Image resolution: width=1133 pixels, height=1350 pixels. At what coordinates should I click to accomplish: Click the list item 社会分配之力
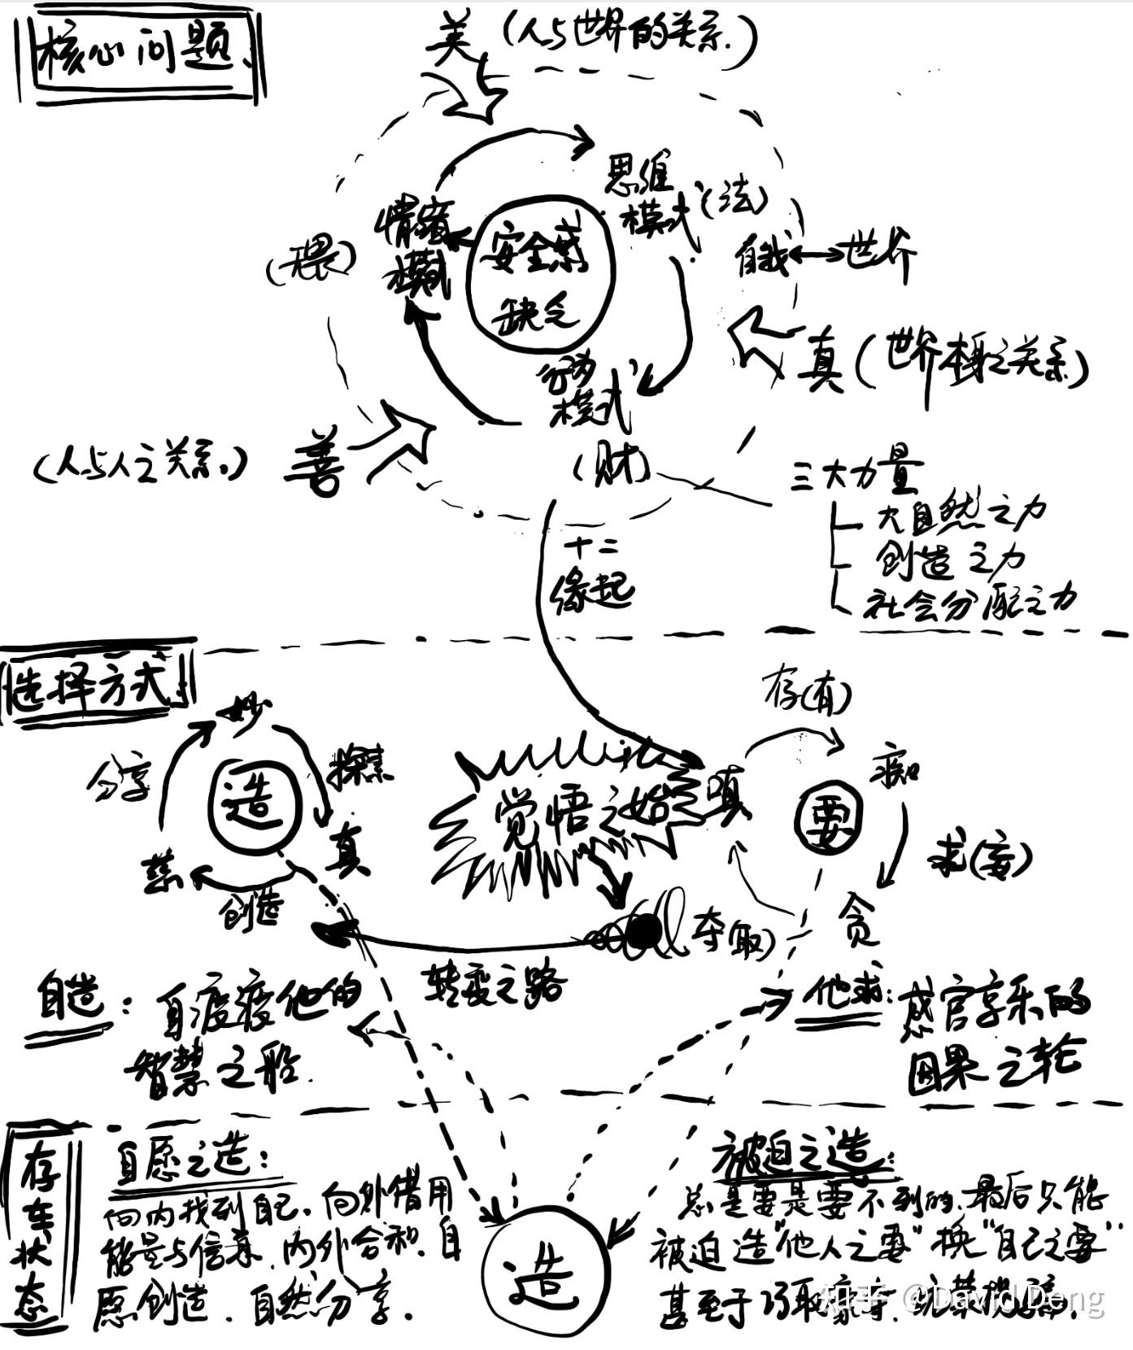968,602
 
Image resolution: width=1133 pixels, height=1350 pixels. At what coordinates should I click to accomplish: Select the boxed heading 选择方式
94,688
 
